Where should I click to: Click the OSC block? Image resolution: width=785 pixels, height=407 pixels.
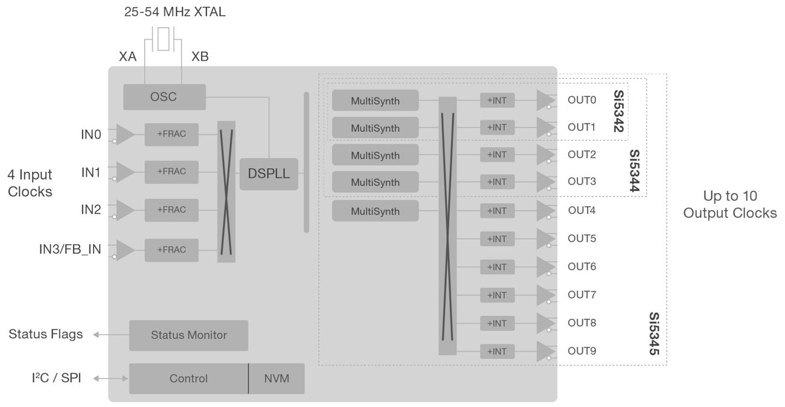[x=164, y=97]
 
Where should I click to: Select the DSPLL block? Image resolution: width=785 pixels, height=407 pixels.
[x=269, y=174]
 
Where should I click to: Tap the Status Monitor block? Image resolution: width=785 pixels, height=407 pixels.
[x=188, y=335]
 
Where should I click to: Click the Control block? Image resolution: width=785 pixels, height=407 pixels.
[x=188, y=379]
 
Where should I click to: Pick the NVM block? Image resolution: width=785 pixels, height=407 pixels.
[x=277, y=379]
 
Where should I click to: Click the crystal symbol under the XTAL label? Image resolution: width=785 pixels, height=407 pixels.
[x=163, y=38]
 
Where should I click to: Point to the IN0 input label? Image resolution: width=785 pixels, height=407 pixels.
[x=91, y=134]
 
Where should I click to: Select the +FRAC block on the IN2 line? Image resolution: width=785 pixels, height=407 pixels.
[x=171, y=210]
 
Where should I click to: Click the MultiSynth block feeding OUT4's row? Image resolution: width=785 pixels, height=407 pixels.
[x=375, y=212]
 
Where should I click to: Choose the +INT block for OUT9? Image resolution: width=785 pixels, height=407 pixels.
[x=497, y=351]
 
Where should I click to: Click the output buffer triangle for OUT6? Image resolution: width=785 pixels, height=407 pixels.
[x=545, y=267]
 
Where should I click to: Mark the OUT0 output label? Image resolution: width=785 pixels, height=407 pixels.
[x=582, y=100]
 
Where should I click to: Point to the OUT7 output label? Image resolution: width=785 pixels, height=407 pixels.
[x=582, y=294]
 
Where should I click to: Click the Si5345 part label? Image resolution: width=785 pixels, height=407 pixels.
[x=654, y=333]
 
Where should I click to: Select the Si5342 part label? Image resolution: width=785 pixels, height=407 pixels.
[x=619, y=111]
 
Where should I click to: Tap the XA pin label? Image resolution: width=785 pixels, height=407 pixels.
[x=128, y=57]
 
